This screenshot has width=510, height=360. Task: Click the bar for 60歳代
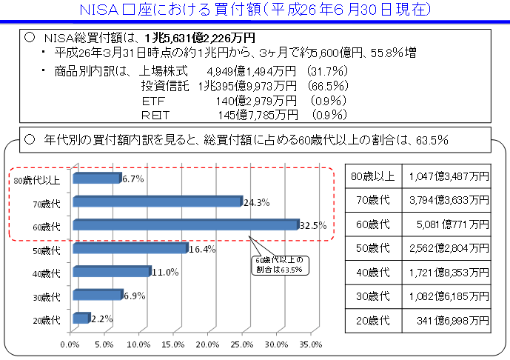(x=185, y=224)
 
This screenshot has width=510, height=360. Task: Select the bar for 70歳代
(x=157, y=201)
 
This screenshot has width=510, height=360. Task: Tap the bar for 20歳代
(x=81, y=319)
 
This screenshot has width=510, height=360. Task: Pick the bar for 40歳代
(x=111, y=272)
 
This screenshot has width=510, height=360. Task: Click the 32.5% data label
(x=313, y=225)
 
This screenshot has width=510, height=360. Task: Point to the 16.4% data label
(x=202, y=249)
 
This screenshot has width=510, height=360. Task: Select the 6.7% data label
(x=133, y=179)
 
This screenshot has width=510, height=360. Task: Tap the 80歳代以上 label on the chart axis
(x=38, y=179)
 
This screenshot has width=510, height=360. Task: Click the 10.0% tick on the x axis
(x=138, y=345)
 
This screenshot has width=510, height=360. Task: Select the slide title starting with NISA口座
(x=254, y=10)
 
